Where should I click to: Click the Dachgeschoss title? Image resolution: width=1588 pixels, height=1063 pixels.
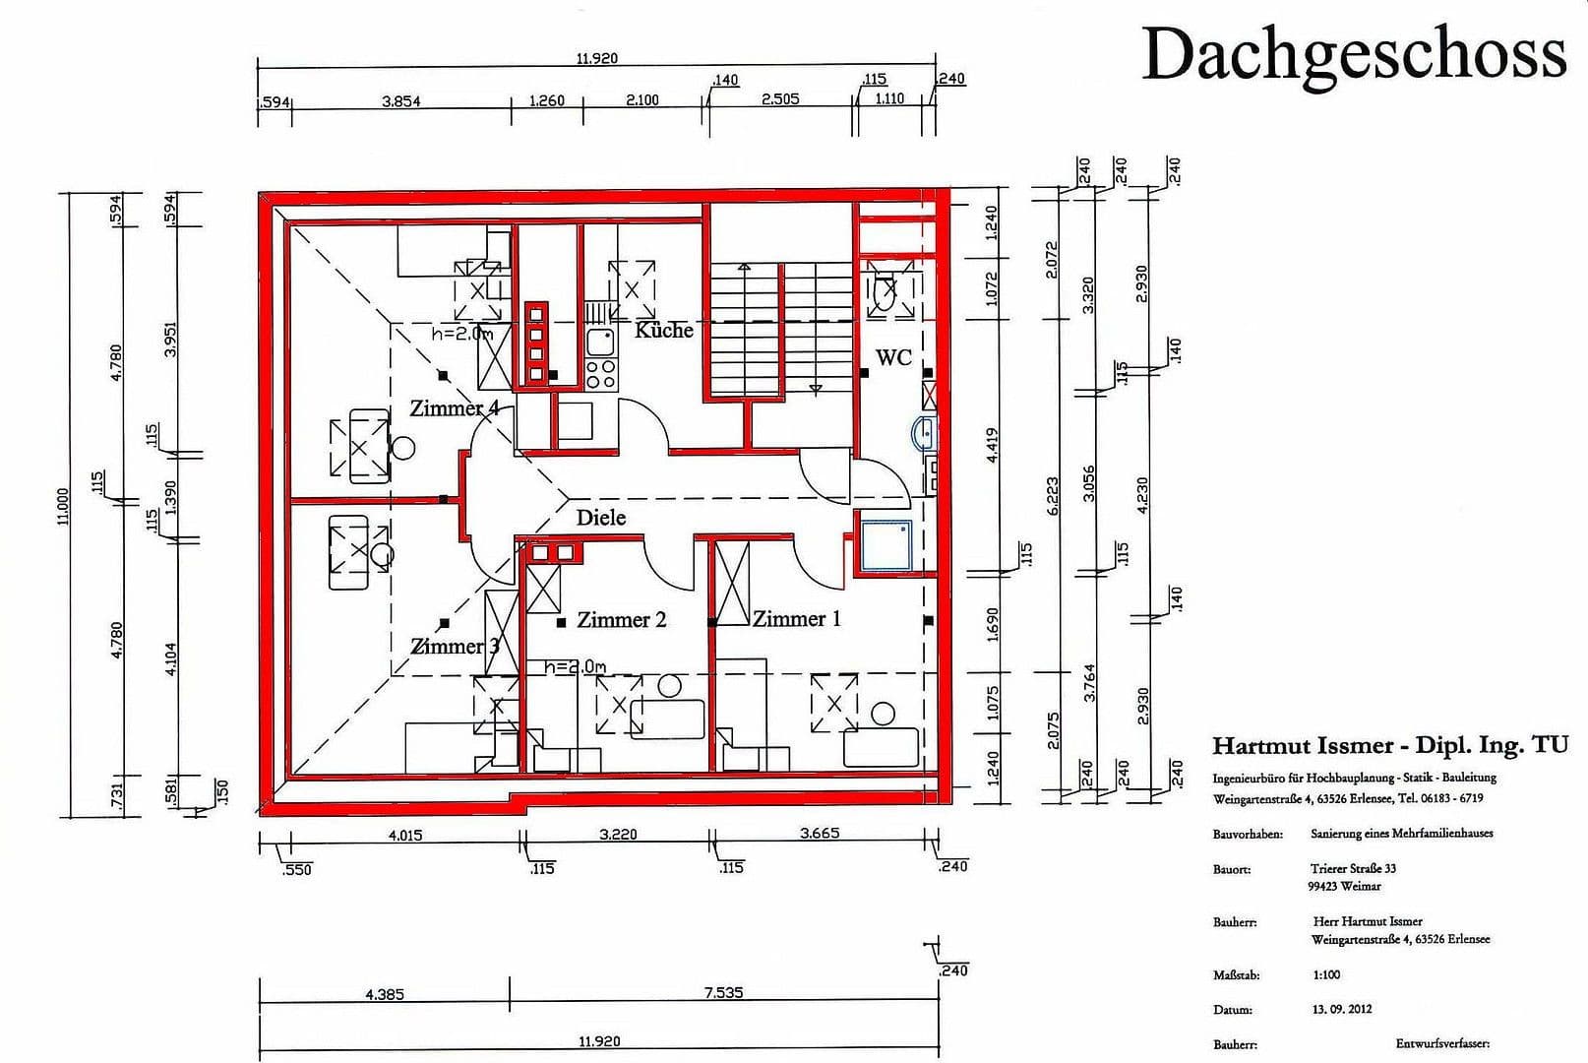tap(1354, 54)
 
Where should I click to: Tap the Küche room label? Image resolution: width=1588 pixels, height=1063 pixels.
tap(664, 331)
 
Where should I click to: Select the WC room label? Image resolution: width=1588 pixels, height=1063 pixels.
tap(893, 358)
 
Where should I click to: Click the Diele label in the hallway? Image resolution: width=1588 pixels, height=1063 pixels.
tap(601, 518)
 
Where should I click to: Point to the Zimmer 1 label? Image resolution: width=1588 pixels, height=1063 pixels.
tap(797, 619)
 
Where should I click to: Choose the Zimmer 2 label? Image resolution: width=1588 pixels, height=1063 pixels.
tap(621, 620)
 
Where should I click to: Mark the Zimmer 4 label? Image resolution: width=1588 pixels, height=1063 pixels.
tap(454, 408)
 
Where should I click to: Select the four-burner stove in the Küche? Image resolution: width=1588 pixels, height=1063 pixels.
tap(600, 374)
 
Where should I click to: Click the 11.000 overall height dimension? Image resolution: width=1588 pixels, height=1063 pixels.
tap(63, 506)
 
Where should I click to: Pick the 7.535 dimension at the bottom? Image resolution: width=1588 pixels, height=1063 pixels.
tap(723, 993)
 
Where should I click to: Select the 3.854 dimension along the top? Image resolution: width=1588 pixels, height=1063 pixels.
tap(401, 100)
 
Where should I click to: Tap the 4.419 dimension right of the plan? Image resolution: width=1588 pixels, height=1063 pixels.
tap(992, 445)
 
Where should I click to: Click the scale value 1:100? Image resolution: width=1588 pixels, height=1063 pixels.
tap(1326, 974)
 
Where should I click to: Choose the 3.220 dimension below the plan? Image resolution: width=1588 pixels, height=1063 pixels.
tap(618, 835)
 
